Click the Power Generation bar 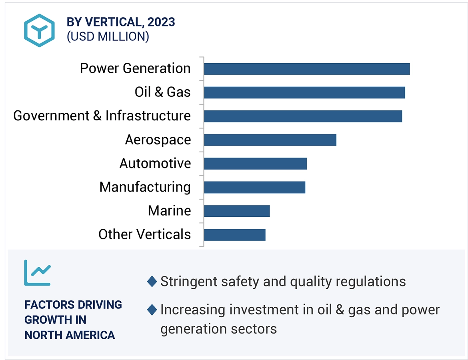coord(306,69)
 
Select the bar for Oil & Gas coord(304,92)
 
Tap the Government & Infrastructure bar coord(303,116)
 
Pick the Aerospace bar coord(270,140)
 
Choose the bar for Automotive coord(255,164)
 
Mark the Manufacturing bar coord(254,187)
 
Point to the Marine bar coord(237,211)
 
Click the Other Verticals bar coord(235,234)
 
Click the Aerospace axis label coord(158,140)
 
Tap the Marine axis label coord(169,211)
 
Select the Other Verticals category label coord(144,234)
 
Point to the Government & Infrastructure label coord(102,116)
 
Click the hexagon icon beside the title coord(39,30)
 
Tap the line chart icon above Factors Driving coord(37,273)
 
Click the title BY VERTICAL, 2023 coord(121,22)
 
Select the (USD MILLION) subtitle coord(108,36)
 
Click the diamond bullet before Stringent coord(152,282)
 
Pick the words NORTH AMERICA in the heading coord(70,335)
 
